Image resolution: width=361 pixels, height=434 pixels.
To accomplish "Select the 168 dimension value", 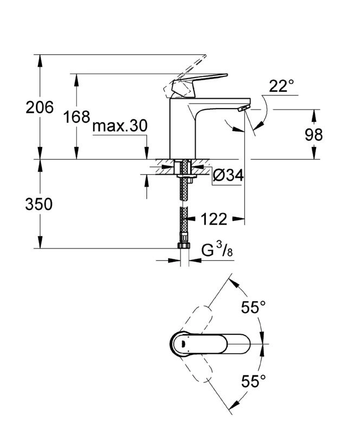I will [x=76, y=117].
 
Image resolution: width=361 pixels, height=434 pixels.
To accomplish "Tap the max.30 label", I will [x=120, y=126].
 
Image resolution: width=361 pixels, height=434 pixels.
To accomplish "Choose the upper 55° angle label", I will [x=253, y=308].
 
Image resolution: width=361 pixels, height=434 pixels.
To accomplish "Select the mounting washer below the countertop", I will [x=185, y=175].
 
